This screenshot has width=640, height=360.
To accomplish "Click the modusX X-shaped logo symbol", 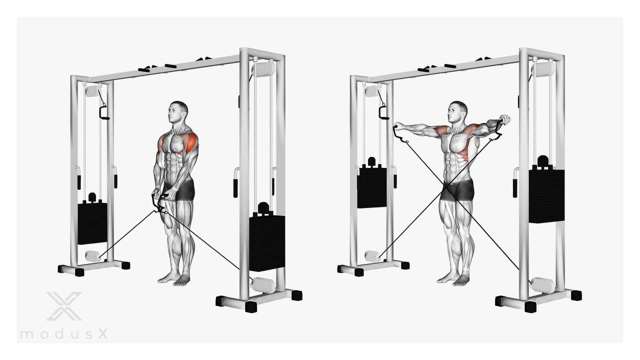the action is point(64,306).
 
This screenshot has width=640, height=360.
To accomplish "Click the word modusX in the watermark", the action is point(64,334).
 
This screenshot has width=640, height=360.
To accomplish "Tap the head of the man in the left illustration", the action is point(177,112).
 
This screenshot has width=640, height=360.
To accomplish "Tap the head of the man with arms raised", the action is point(457,112).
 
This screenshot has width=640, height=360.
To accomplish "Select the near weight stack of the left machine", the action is point(267,237).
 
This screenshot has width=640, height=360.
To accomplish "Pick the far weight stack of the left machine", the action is point(92,219).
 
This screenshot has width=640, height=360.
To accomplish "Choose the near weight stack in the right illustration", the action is point(546,189).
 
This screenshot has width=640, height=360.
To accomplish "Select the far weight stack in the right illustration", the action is point(371,183).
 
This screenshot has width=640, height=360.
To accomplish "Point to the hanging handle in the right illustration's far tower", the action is point(383,112).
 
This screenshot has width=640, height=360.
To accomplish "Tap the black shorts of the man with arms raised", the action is point(457,189).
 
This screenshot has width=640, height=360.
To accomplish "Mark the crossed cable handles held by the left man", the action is point(159,203).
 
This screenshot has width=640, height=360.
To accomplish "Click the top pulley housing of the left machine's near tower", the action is point(263,69).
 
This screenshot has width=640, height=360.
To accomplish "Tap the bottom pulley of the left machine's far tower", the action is point(92,256).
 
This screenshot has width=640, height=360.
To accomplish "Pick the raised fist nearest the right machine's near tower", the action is point(505,119).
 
